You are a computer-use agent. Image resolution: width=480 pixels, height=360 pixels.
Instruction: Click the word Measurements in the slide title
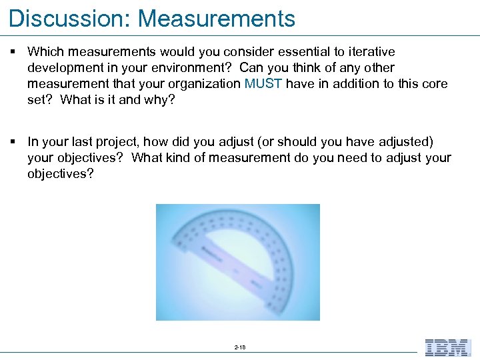tap(217, 19)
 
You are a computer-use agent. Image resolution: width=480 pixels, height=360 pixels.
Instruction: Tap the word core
tap(434, 84)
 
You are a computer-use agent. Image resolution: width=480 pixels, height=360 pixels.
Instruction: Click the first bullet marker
tap(13, 51)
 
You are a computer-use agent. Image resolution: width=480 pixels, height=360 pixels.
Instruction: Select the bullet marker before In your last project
tap(13, 141)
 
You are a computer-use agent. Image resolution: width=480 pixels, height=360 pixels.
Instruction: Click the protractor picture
tap(238, 262)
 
